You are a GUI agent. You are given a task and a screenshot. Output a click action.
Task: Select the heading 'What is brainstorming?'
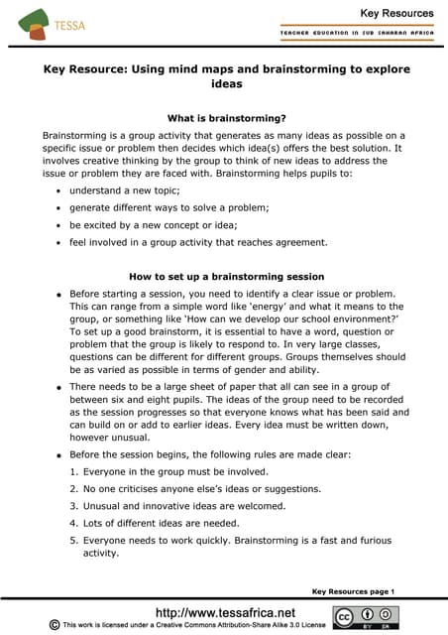224,117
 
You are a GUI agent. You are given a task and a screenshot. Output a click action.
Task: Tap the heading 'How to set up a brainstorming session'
224,276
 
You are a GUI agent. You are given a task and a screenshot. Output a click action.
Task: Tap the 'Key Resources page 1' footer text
353,591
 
